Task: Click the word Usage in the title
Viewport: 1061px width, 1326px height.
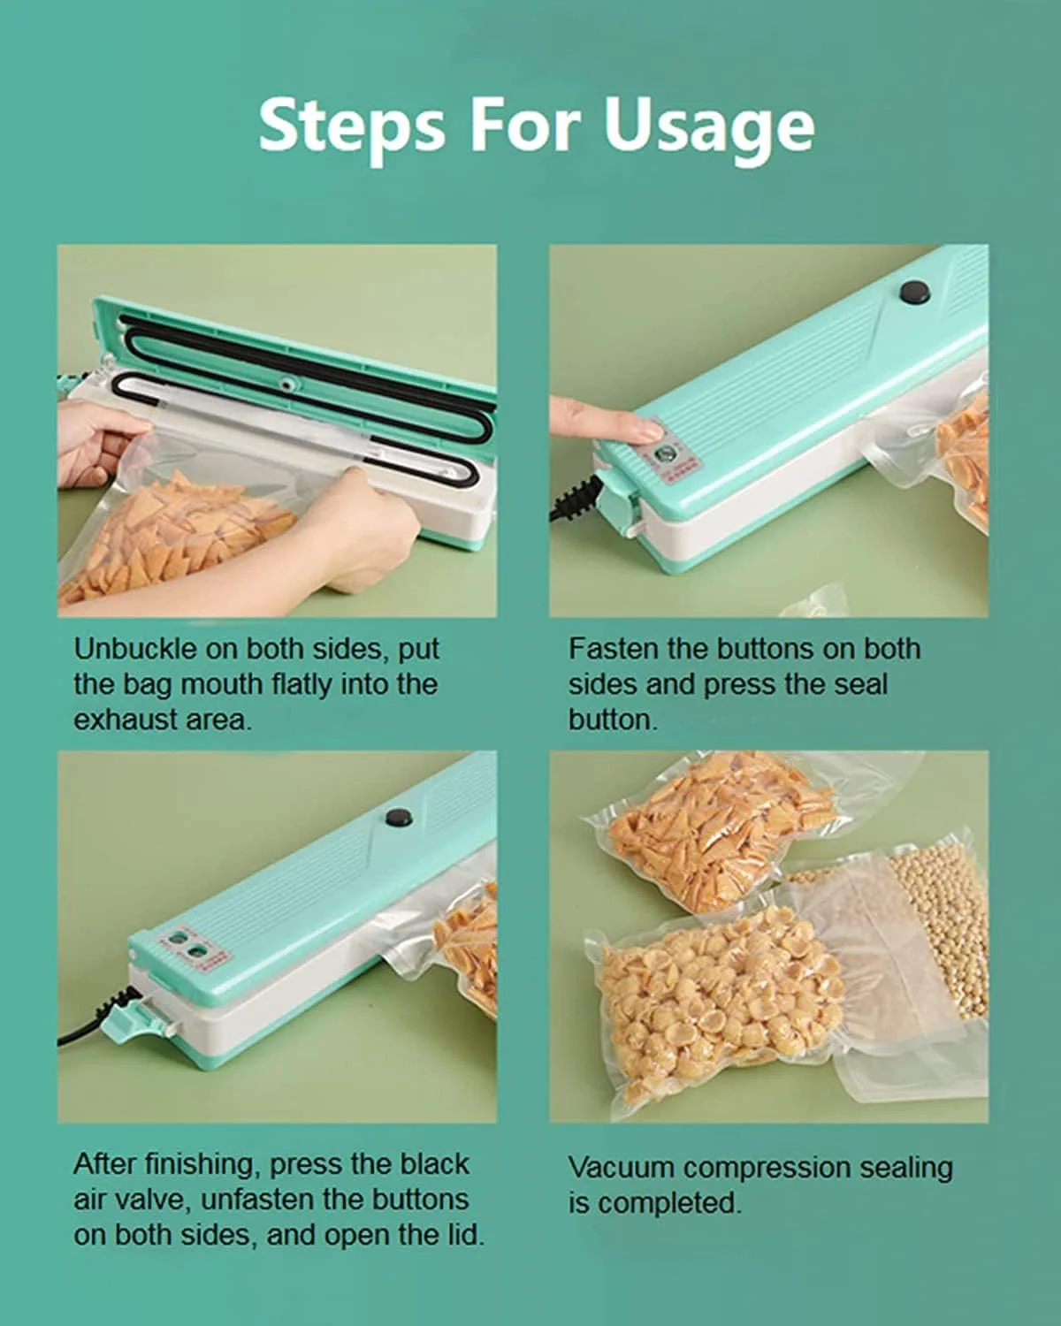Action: pos(707,127)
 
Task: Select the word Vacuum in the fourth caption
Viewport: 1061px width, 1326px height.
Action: pos(622,1168)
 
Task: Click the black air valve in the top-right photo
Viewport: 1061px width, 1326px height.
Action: pos(916,292)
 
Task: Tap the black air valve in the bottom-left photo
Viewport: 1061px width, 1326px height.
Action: pos(400,817)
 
